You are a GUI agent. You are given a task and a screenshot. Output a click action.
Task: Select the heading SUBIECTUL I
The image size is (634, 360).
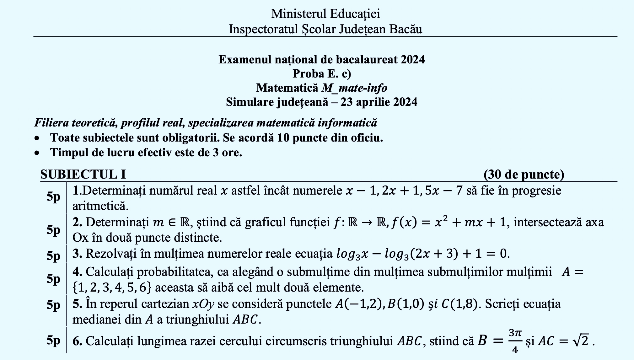(83, 175)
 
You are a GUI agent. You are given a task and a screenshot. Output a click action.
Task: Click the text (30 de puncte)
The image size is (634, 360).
(524, 175)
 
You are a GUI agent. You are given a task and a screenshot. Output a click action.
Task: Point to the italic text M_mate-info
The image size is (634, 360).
(354, 88)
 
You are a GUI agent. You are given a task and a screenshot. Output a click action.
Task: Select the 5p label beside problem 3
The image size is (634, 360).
(53, 256)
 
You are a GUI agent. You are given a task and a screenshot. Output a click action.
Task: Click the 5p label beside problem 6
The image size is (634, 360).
(53, 340)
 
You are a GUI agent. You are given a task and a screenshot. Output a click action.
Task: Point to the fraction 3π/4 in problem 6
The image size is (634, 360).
(515, 341)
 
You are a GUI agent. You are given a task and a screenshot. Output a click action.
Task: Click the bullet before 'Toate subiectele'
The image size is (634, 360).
(37, 138)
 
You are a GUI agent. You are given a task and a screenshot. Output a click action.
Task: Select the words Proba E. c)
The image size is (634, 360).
(322, 74)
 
